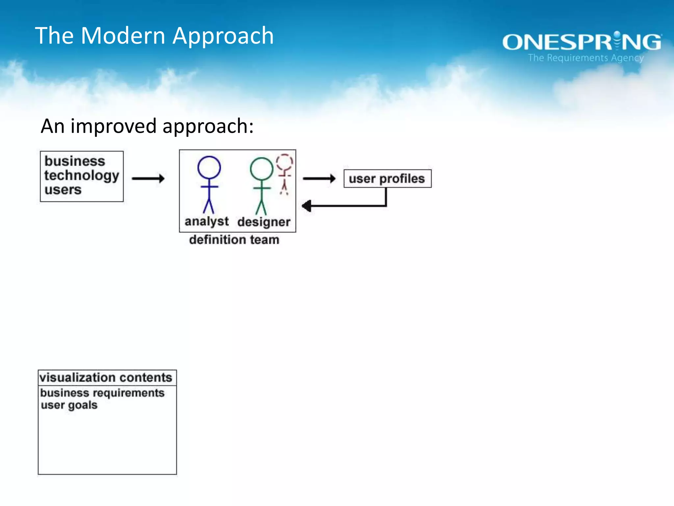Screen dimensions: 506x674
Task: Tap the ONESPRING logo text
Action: tap(582, 42)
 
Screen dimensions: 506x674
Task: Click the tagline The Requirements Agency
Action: tap(585, 58)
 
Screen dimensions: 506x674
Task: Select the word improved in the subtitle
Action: tap(113, 126)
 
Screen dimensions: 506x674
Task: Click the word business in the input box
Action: tap(75, 161)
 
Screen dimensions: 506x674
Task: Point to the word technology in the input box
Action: tap(81, 176)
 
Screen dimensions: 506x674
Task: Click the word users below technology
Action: tap(63, 190)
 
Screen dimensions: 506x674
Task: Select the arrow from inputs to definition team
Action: tap(148, 179)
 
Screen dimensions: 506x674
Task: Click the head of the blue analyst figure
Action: tap(209, 167)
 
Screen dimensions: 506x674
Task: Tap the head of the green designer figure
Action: tap(261, 169)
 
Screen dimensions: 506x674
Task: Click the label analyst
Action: tap(206, 221)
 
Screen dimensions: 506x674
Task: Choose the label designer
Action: tap(264, 222)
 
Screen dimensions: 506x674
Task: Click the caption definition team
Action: tap(234, 239)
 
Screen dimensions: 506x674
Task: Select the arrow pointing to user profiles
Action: tap(319, 179)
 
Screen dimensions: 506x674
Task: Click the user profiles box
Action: tap(387, 179)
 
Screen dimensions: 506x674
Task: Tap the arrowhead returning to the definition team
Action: tap(306, 206)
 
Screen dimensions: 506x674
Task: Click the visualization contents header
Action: tap(106, 378)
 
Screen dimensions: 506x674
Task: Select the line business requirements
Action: tap(102, 393)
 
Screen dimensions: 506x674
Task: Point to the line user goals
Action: tap(69, 405)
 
